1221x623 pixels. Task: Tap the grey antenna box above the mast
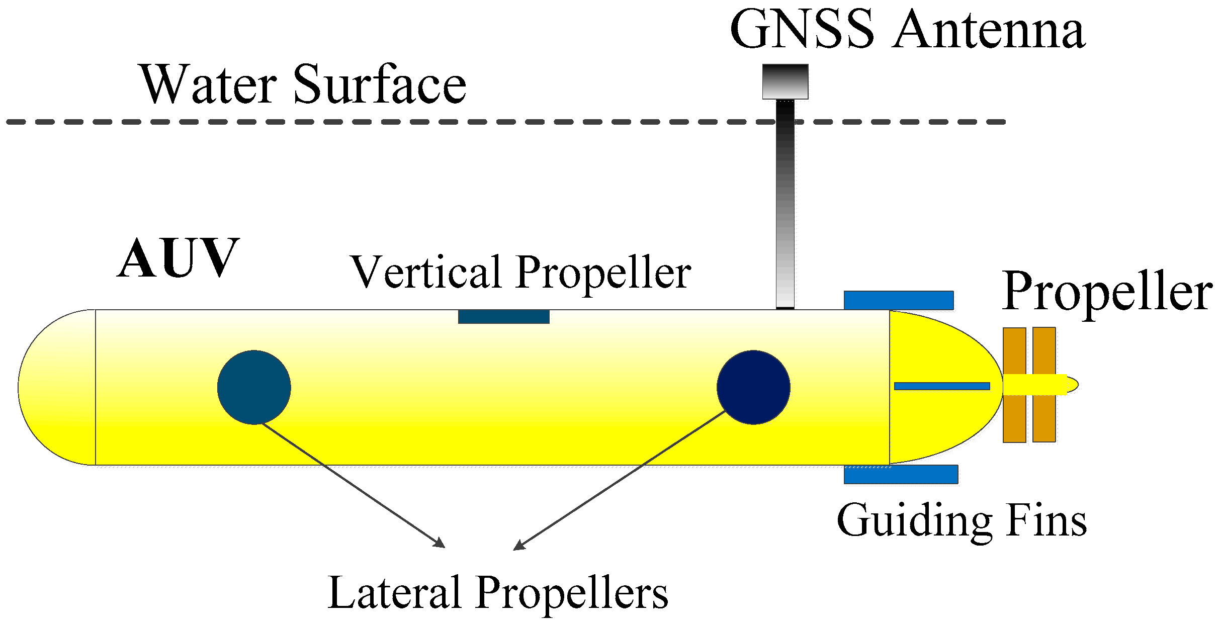785,81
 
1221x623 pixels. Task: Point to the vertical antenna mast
785,211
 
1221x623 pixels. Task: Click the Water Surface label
303,84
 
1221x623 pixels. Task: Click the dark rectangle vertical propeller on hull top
503,317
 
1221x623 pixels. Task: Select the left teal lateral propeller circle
254,387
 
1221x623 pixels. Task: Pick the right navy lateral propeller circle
753,387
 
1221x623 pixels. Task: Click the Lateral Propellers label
498,592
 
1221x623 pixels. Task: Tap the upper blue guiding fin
899,300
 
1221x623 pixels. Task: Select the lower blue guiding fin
901,474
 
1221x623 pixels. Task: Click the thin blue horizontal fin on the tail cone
942,386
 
